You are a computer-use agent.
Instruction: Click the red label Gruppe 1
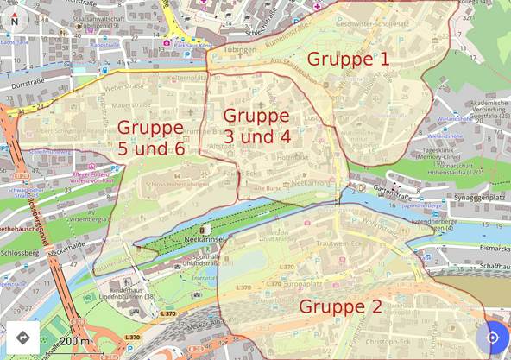click(x=348, y=60)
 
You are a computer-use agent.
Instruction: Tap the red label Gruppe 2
click(x=339, y=306)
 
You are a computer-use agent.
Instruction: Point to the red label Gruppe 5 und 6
click(x=150, y=137)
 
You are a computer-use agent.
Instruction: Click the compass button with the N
click(x=14, y=17)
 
